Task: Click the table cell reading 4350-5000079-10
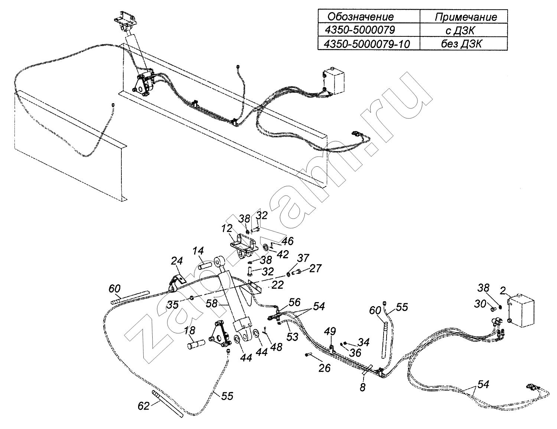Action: [x=367, y=44]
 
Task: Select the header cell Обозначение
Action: [x=361, y=17]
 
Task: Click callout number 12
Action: [x=227, y=229]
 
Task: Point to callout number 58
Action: [x=212, y=304]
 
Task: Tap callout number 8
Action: [x=362, y=387]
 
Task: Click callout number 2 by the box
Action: [x=502, y=291]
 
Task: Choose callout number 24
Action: [x=177, y=261]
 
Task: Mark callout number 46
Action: [x=287, y=241]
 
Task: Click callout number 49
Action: [x=330, y=331]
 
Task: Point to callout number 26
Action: [x=325, y=368]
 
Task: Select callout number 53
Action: [x=293, y=337]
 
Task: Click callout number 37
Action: [x=303, y=258]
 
